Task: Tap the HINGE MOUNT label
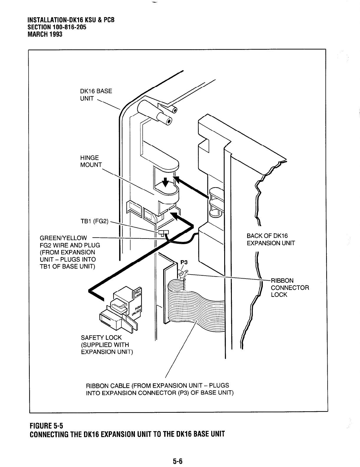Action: (x=91, y=161)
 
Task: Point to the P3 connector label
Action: (x=184, y=262)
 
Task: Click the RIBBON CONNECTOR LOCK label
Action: (x=290, y=287)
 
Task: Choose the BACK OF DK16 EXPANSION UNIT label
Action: (x=270, y=239)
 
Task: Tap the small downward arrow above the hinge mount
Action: (x=166, y=182)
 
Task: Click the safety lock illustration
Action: (x=119, y=310)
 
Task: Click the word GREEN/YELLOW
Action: (x=63, y=238)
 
